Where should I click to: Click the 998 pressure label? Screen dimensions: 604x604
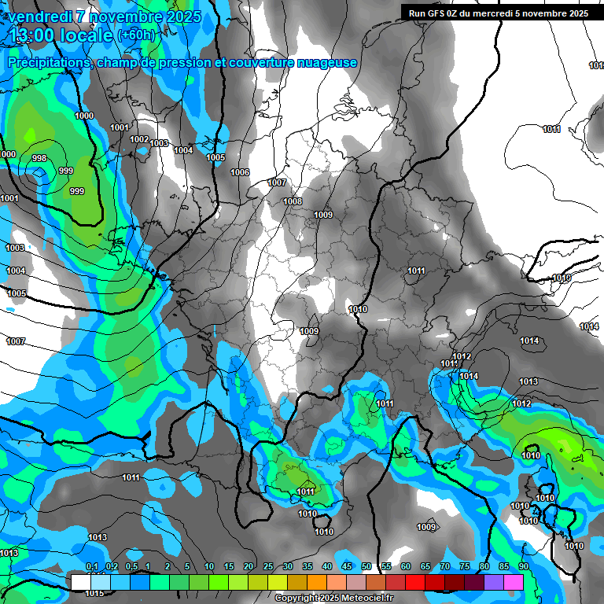pos(39,158)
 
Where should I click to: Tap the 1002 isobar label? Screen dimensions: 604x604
pos(139,139)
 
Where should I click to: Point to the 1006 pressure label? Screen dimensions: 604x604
pos(240,172)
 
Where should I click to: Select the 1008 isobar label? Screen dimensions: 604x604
pos(293,201)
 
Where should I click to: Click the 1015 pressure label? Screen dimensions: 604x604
pos(94,593)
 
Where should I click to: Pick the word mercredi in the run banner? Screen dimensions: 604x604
pos(504,13)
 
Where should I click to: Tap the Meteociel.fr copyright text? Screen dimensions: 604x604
pos(333,598)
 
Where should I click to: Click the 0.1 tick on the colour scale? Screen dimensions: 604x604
pos(91,567)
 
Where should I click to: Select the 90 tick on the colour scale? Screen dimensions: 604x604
pos(524,567)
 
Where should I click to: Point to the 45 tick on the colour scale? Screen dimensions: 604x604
pos(347,567)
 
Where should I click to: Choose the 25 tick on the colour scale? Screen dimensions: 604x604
pos(268,567)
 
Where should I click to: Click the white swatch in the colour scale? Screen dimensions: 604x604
pos(80,582)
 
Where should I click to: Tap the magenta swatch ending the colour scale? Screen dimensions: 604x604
pos(514,582)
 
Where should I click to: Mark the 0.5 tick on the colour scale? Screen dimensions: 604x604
pos(131,567)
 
